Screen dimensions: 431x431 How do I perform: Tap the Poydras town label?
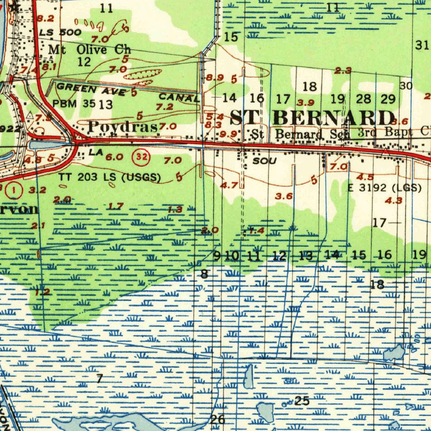pos(123,126)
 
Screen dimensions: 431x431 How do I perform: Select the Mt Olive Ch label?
pos(90,49)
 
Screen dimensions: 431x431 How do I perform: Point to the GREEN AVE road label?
pos(90,89)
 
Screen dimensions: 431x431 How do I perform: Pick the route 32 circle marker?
pos(141,157)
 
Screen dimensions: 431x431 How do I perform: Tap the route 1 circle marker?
pos(15,190)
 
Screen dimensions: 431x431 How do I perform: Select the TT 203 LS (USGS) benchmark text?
pos(109,177)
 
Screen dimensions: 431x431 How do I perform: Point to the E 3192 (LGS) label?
pos(384,188)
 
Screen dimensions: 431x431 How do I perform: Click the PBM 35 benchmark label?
pos(73,103)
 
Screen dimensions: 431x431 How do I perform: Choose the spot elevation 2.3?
pos(343,71)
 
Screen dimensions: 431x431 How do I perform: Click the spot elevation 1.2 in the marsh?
pos(43,292)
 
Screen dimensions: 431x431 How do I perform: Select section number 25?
pos(302,401)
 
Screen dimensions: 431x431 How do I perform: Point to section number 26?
pos(217,419)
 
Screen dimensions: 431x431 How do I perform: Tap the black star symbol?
pos(15,7)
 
